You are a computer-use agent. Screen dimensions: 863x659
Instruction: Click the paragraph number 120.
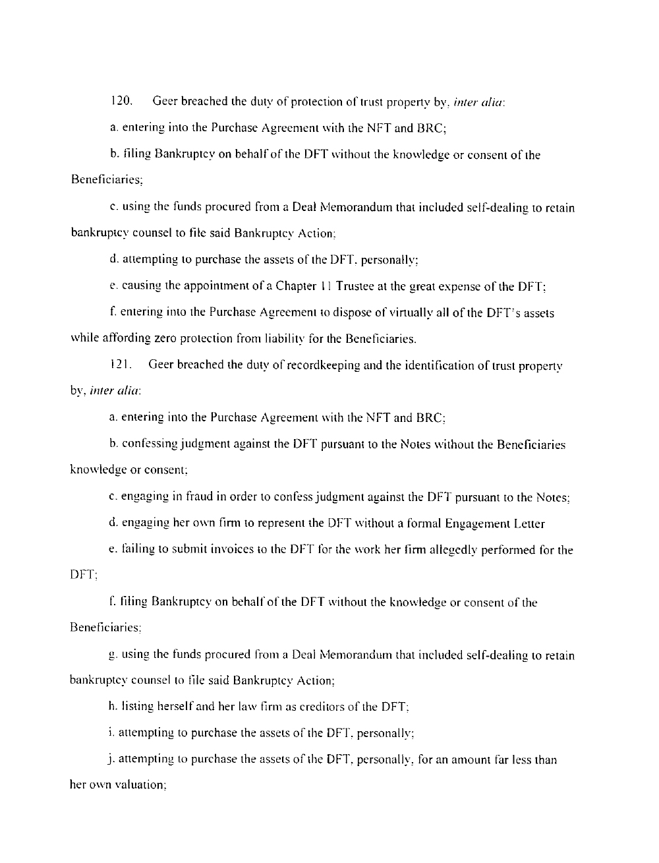pos(121,102)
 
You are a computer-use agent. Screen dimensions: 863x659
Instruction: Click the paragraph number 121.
pos(119,365)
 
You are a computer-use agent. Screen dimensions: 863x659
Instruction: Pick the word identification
pos(422,365)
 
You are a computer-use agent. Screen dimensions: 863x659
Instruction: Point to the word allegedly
pos(456,550)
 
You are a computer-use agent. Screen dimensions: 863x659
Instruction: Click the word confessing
pos(149,444)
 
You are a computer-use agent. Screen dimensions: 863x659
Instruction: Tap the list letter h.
pos(113,706)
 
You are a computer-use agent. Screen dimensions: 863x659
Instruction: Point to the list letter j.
pos(113,759)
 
